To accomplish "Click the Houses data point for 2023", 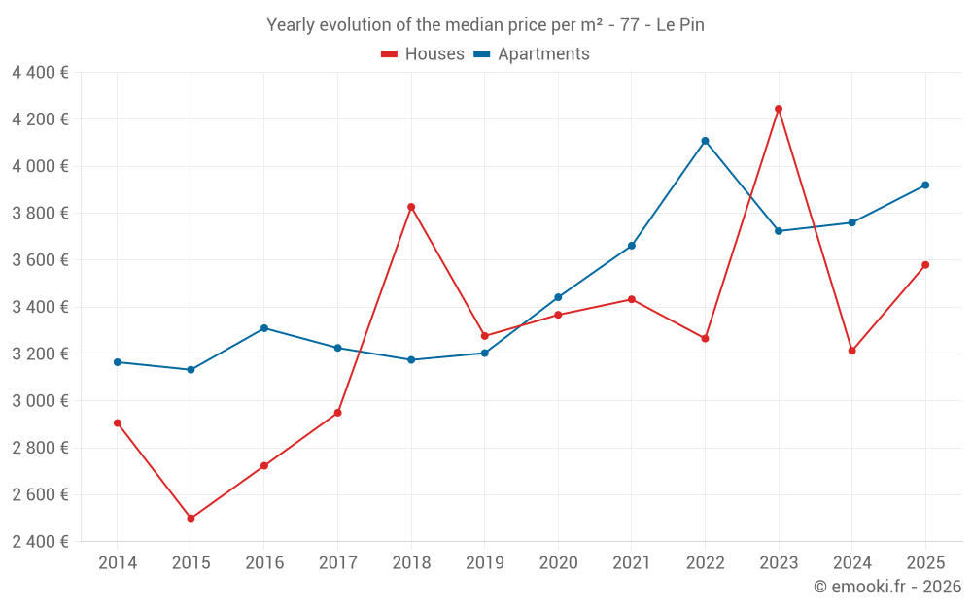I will (x=779, y=109).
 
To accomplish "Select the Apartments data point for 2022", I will (x=705, y=141).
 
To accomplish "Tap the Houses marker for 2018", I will (x=411, y=207).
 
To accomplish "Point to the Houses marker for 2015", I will (x=191, y=519).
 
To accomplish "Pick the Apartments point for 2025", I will (x=925, y=185).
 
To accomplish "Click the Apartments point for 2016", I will (x=264, y=328).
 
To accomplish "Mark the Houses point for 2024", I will (x=851, y=351).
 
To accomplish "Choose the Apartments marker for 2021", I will (x=632, y=246).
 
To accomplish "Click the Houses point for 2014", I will (x=118, y=422).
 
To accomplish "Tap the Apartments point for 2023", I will (x=779, y=231).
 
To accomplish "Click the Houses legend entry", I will (x=423, y=54).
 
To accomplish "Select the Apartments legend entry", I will (x=532, y=54).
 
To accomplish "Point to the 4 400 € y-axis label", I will (x=40, y=73).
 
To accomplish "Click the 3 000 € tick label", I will (x=40, y=401).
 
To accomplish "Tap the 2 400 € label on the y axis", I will (x=40, y=542).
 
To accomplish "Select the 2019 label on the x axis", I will (x=485, y=563).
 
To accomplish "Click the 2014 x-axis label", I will (x=118, y=563).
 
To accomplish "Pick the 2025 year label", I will (x=925, y=563).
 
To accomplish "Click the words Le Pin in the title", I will (x=680, y=25).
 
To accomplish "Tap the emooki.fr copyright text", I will (x=887, y=587).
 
